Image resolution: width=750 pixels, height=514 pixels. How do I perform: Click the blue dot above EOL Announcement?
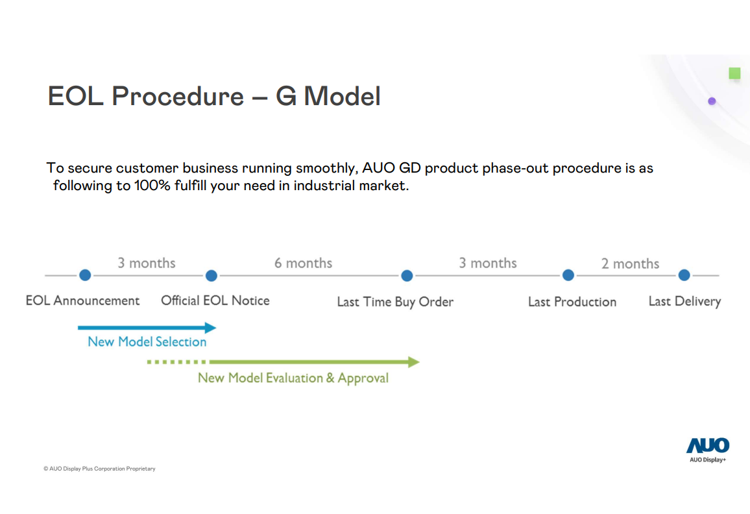coord(85,275)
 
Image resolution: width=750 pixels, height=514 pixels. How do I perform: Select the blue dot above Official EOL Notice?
coord(212,276)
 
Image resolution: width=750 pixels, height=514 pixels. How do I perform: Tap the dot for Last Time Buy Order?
coord(407,276)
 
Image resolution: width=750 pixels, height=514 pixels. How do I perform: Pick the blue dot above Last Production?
coord(568,275)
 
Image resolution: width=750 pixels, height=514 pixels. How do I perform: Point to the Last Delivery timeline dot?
coord(684,275)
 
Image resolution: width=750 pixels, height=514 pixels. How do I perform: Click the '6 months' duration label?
coord(303,263)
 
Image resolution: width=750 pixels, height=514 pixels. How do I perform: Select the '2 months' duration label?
coord(631,263)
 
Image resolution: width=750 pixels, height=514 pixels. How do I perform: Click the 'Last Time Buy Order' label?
coord(395,302)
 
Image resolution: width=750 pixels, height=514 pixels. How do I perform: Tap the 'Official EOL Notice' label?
coord(215,300)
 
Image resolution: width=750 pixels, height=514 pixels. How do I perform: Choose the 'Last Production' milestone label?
coord(572,302)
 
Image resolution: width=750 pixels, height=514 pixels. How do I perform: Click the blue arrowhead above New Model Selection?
coord(210,328)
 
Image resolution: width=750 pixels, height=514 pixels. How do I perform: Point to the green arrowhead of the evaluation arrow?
coord(414,362)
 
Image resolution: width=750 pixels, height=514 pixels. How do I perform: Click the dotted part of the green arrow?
coord(176,362)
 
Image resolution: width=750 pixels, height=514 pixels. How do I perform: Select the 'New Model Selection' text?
coord(147,342)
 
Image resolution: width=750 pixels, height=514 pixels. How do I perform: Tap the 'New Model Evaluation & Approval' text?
coord(293,378)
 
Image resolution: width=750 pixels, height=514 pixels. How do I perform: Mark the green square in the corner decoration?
coord(734,73)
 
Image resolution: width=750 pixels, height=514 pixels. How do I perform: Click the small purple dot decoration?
coord(712,101)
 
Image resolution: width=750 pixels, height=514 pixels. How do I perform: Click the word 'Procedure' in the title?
coord(178,96)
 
